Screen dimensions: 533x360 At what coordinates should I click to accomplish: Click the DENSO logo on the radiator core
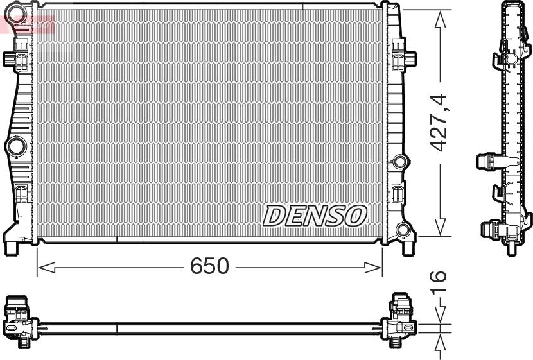[315, 216]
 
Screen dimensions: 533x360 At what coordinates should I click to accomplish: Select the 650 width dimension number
[209, 266]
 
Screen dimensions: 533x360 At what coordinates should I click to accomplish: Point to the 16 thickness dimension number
[437, 281]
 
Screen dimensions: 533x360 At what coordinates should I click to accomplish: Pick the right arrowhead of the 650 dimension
[373, 268]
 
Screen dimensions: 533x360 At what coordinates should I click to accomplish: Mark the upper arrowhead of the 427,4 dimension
[440, 19]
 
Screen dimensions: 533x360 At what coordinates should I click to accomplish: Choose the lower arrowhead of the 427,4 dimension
[440, 227]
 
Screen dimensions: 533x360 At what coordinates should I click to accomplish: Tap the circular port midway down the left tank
[15, 147]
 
